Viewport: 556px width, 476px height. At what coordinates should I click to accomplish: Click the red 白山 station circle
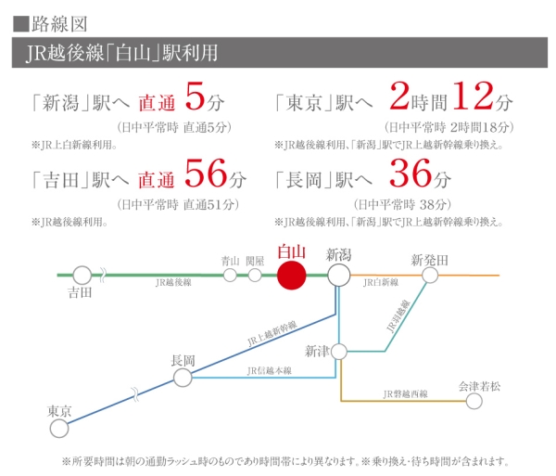pos(291,276)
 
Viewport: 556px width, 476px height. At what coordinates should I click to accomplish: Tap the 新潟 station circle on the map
pos(338,276)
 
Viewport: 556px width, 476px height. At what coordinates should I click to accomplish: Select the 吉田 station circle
pos(82,276)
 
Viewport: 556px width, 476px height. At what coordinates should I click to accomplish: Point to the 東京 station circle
pos(59,429)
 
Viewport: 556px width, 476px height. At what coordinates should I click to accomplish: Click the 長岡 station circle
pos(183,377)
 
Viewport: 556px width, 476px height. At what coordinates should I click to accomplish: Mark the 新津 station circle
pos(339,352)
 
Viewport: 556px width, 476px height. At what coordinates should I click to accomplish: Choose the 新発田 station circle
pos(430,276)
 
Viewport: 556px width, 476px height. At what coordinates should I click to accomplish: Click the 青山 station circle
pos(231,276)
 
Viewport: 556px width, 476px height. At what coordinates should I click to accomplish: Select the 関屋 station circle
pos(255,276)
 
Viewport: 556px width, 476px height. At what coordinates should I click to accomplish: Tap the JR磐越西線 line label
pos(405,394)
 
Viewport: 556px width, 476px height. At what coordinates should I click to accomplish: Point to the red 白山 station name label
pos(291,252)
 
